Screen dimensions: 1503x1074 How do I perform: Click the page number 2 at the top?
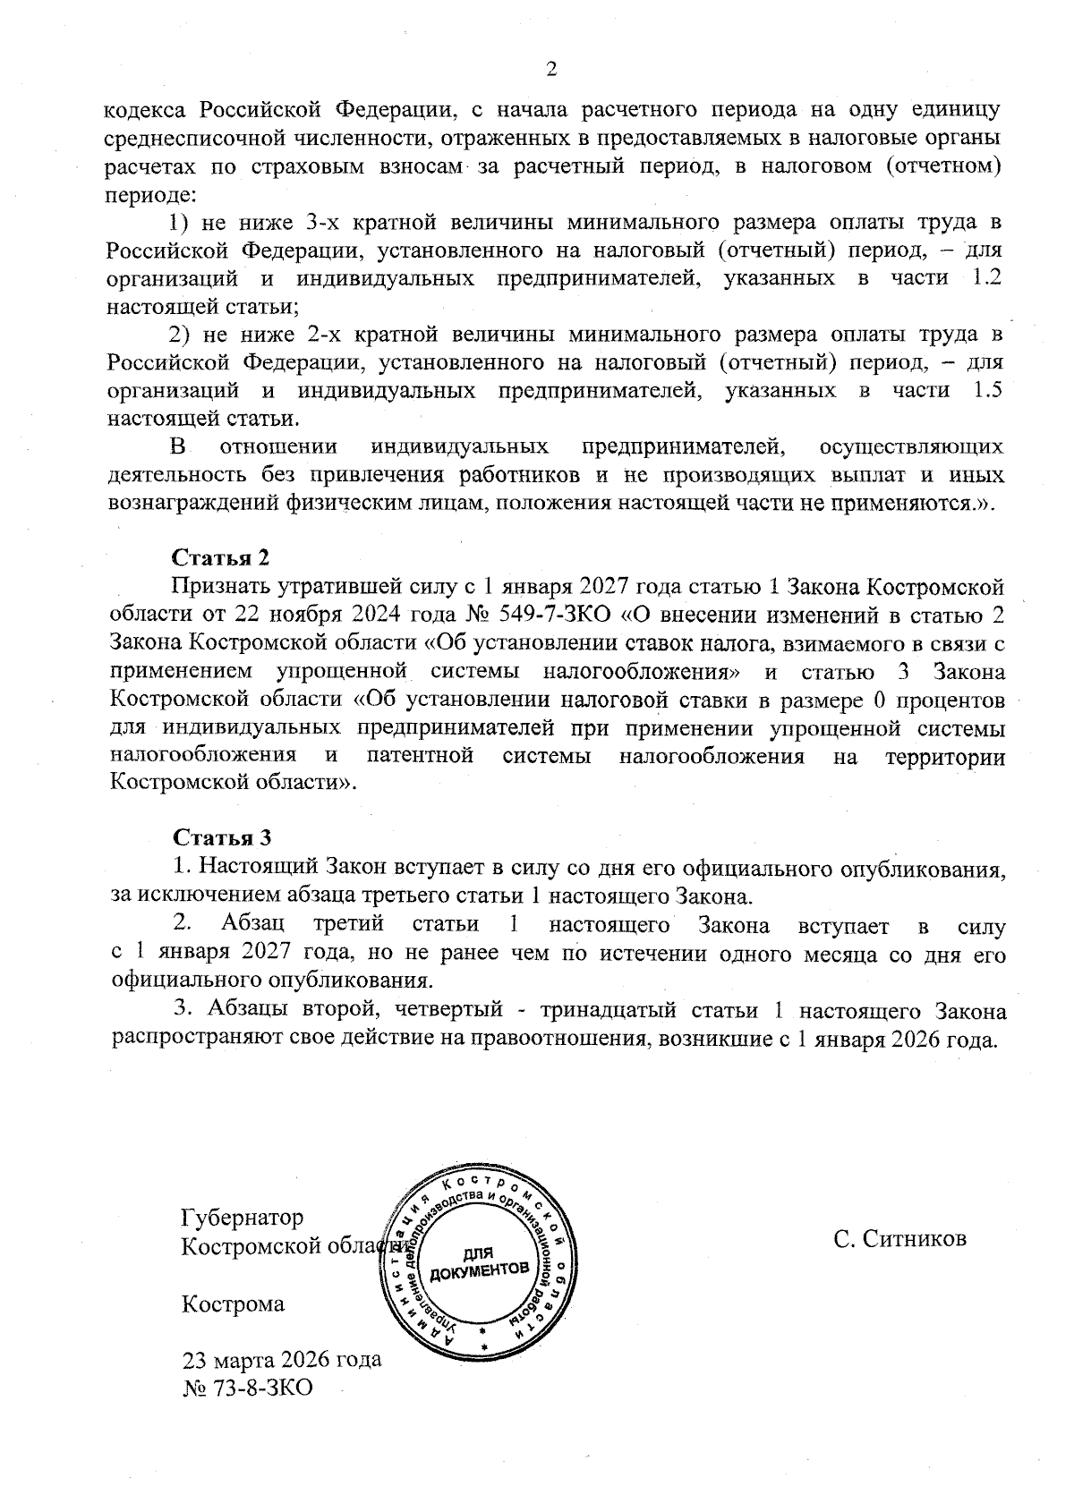551,70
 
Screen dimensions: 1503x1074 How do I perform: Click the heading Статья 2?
220,557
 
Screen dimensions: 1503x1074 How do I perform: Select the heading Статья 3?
220,837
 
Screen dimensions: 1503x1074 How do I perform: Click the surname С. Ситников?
899,1238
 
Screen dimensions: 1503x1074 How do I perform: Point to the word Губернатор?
242,1218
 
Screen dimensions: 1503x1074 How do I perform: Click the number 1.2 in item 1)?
985,278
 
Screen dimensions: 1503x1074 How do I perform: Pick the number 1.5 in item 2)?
985,390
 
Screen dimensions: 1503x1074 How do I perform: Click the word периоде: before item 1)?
145,194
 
